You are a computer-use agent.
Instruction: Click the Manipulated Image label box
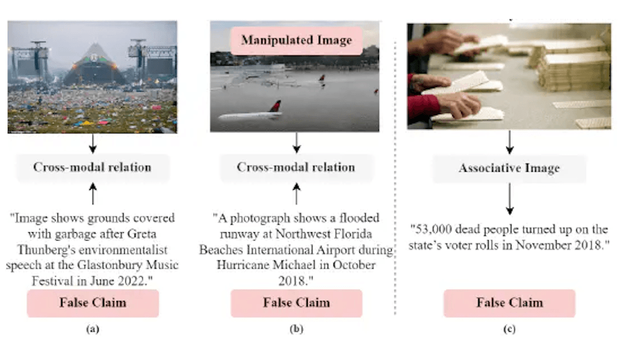coord(296,40)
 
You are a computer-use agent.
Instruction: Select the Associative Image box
coord(510,169)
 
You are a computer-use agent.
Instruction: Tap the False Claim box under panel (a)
coord(93,303)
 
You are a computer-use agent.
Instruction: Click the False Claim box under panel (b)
coord(296,303)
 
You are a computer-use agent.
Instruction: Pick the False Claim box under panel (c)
coord(509,303)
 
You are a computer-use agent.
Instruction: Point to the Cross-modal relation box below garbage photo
coord(92,167)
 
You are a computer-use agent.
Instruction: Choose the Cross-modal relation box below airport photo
coord(296,167)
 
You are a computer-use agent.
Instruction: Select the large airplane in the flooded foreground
coord(251,114)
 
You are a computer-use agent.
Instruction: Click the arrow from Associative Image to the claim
coord(510,201)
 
